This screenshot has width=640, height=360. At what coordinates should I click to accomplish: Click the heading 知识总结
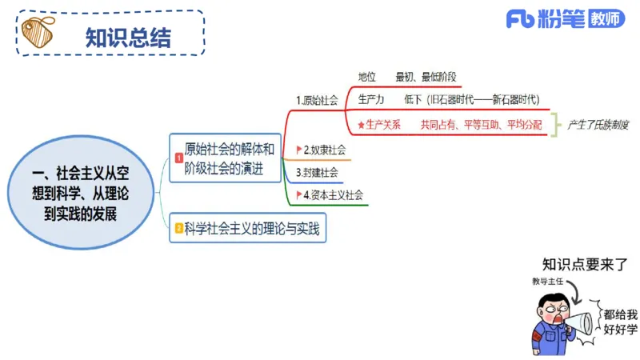point(128,36)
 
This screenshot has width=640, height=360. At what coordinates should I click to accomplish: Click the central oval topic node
point(81,194)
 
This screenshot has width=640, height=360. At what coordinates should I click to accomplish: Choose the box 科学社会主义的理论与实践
point(251,229)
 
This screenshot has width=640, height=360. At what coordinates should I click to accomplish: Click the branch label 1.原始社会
point(317,101)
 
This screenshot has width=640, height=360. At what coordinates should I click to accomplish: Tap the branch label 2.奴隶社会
point(324,150)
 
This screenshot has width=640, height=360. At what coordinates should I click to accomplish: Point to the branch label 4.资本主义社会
point(333,194)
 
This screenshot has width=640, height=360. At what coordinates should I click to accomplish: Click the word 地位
point(367,77)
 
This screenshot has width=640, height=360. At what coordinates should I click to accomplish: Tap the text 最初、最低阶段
point(426,77)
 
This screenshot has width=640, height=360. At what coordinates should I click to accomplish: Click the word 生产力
point(371,99)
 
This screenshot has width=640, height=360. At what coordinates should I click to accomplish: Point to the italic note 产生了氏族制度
point(598,125)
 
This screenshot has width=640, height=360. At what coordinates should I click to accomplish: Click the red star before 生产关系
point(361,125)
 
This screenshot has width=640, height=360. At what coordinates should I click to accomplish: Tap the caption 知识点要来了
point(585,265)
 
